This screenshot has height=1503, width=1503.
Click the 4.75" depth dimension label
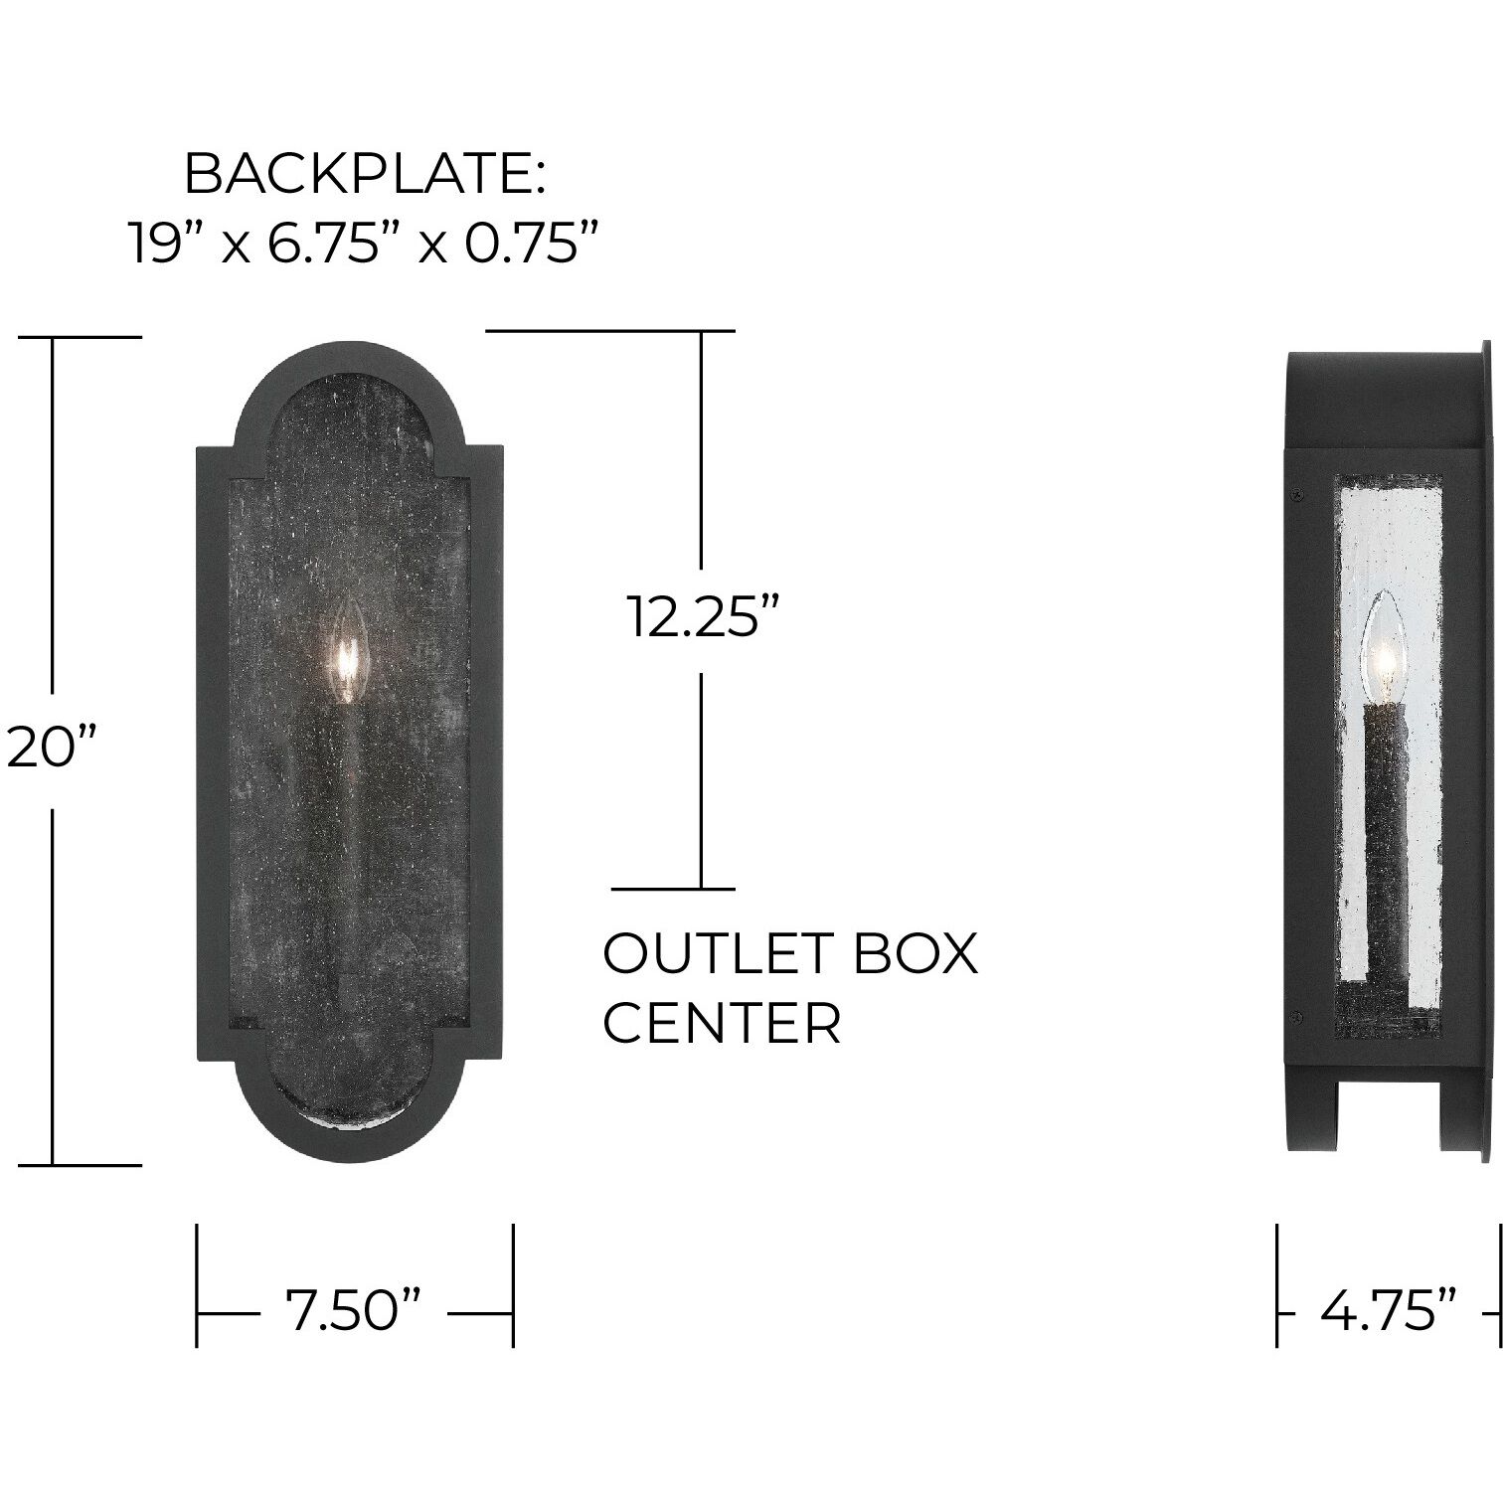point(1389,1310)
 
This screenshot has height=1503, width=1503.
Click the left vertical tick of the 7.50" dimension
point(197,1284)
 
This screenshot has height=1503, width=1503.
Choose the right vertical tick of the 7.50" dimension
point(513,1284)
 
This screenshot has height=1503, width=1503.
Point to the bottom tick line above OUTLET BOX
point(673,889)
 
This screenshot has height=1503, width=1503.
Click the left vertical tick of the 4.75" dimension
point(1277,1284)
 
